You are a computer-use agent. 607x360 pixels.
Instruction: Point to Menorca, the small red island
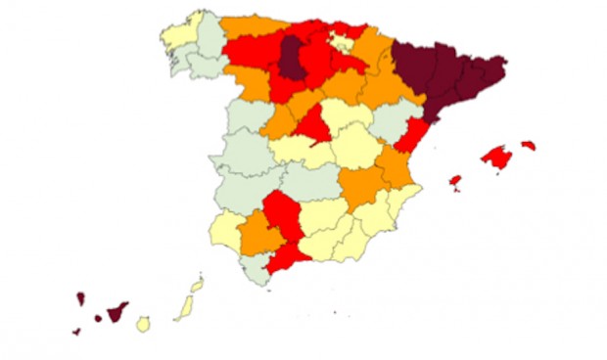coord(529,146)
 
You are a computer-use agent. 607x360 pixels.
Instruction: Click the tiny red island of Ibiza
coord(455,181)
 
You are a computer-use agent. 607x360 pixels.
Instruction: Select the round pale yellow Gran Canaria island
coord(144,323)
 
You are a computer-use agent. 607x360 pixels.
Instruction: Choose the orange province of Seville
coord(257,233)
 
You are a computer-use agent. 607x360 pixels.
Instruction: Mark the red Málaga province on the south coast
coord(284,257)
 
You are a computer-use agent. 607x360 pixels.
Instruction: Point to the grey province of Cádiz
coord(257,267)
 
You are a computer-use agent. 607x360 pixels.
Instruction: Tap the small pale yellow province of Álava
coord(342,41)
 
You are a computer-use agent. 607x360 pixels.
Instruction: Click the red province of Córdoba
coord(281,214)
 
